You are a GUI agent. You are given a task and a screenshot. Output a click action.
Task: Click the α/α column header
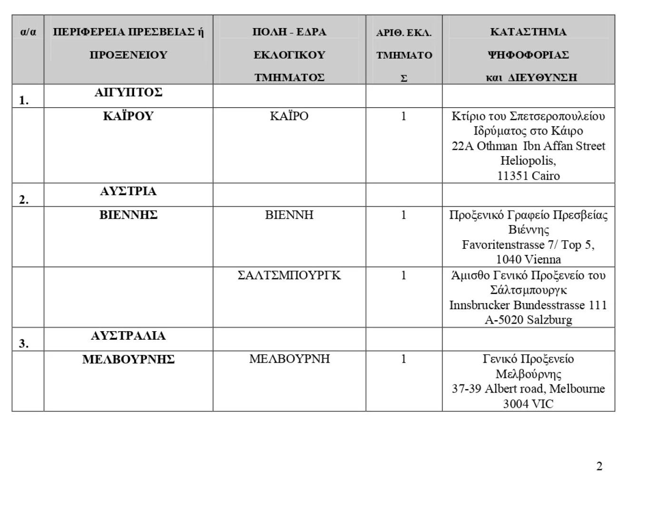coord(28,32)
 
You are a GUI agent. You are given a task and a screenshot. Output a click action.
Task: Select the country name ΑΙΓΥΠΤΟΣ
coord(128,92)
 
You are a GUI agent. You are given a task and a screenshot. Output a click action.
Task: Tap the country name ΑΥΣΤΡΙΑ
coord(128,191)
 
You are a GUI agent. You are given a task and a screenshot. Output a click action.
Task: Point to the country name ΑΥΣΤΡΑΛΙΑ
coord(128,336)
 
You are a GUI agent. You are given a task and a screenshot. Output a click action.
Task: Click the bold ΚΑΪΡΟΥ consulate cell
coord(128,116)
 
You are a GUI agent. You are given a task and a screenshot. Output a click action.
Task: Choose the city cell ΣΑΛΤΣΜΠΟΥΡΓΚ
coord(289,275)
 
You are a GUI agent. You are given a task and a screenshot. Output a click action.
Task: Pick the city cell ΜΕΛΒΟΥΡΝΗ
coord(289,359)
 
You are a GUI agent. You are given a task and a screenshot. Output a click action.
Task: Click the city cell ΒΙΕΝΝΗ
coord(289,215)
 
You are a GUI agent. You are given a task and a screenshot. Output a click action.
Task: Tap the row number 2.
coord(24,200)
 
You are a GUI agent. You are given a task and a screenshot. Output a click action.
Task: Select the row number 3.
coord(24,344)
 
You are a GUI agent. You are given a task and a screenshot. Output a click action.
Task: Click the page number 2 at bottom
coord(599,466)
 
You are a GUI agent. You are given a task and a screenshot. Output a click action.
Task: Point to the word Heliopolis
coord(528,161)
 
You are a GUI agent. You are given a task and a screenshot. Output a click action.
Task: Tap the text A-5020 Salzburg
coord(528,320)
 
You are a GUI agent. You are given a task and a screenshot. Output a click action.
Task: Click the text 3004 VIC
coord(528,404)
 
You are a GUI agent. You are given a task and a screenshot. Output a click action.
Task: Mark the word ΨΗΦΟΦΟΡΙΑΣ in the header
coord(528,55)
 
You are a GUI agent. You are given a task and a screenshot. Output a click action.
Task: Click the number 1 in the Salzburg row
coord(404,275)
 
